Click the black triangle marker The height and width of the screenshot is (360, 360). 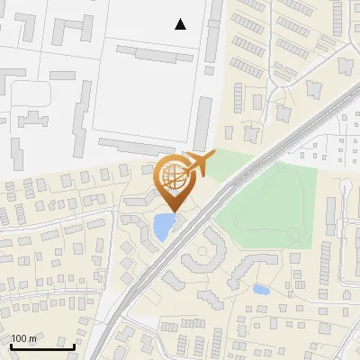tap(181, 24)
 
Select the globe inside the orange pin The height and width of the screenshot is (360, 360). tap(174, 176)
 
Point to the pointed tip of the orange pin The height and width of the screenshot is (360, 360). tap(174, 211)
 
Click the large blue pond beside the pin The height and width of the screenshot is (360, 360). tap(163, 227)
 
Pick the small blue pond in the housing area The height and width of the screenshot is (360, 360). tap(261, 290)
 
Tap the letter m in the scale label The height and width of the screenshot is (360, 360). tap(33, 339)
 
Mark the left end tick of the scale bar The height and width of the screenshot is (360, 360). tap(10, 346)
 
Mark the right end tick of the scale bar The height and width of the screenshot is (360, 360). tap(74, 346)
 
